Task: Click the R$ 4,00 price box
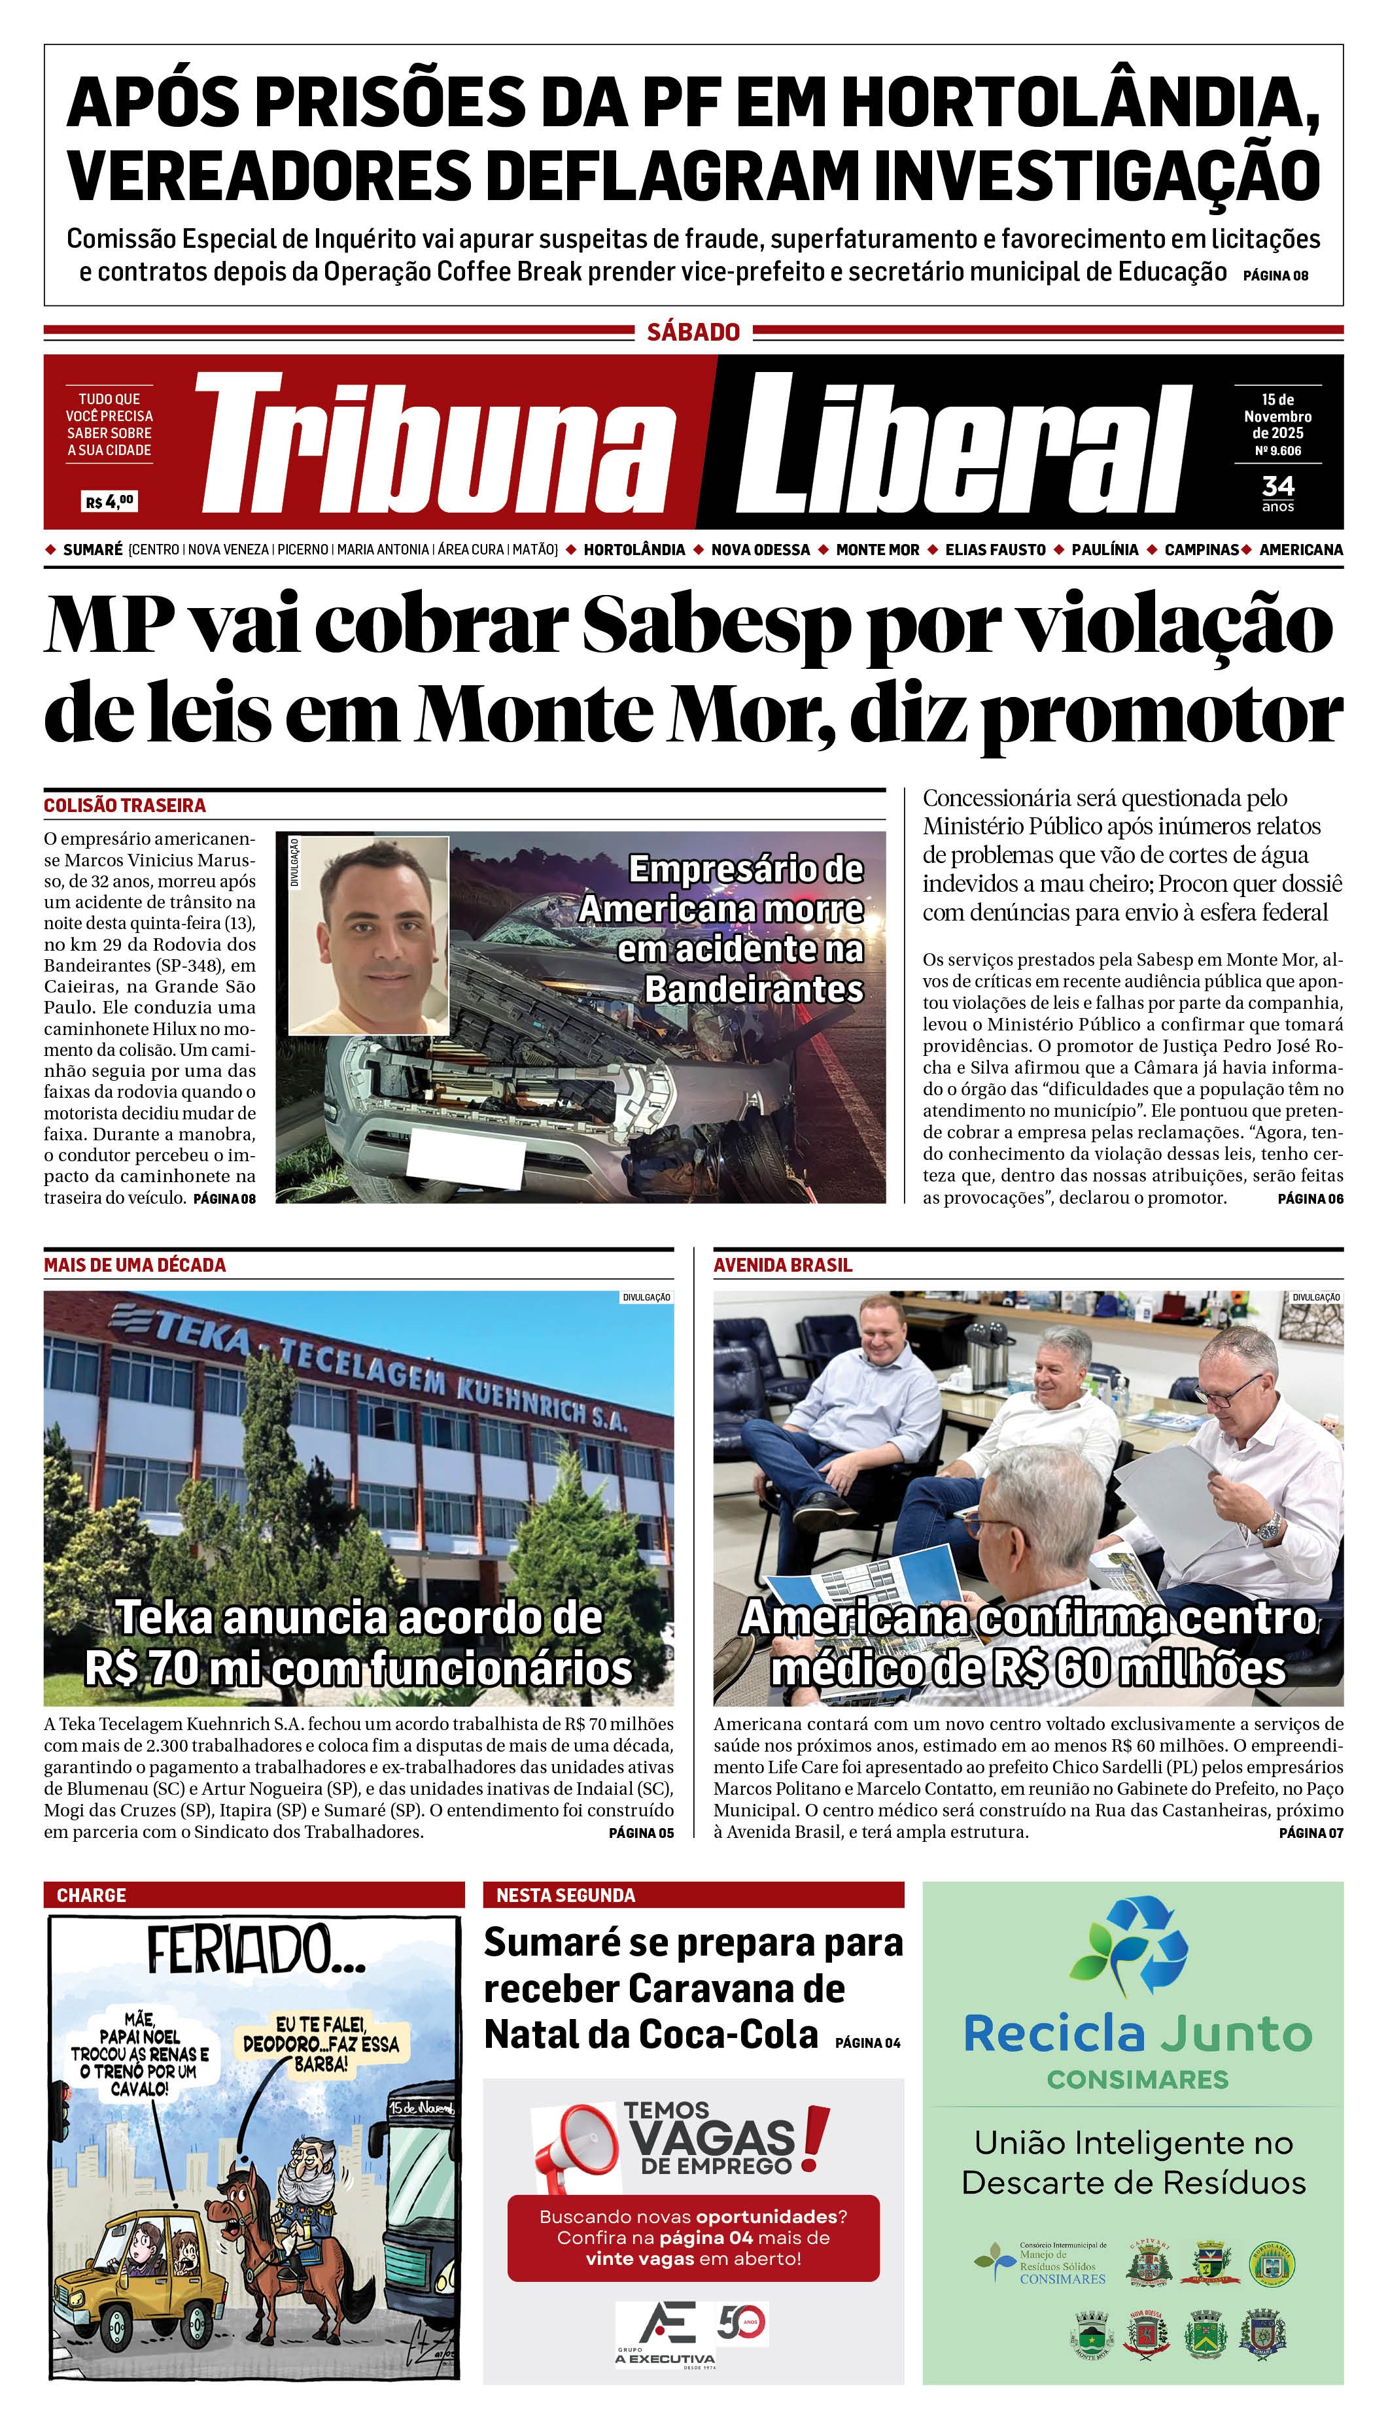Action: point(110,501)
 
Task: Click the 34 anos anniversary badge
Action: point(1277,492)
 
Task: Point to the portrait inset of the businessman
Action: point(369,935)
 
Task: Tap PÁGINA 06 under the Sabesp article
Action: point(1310,1198)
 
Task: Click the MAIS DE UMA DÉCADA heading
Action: point(134,1265)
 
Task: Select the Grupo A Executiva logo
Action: point(665,2335)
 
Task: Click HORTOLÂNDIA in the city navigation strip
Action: point(634,550)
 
